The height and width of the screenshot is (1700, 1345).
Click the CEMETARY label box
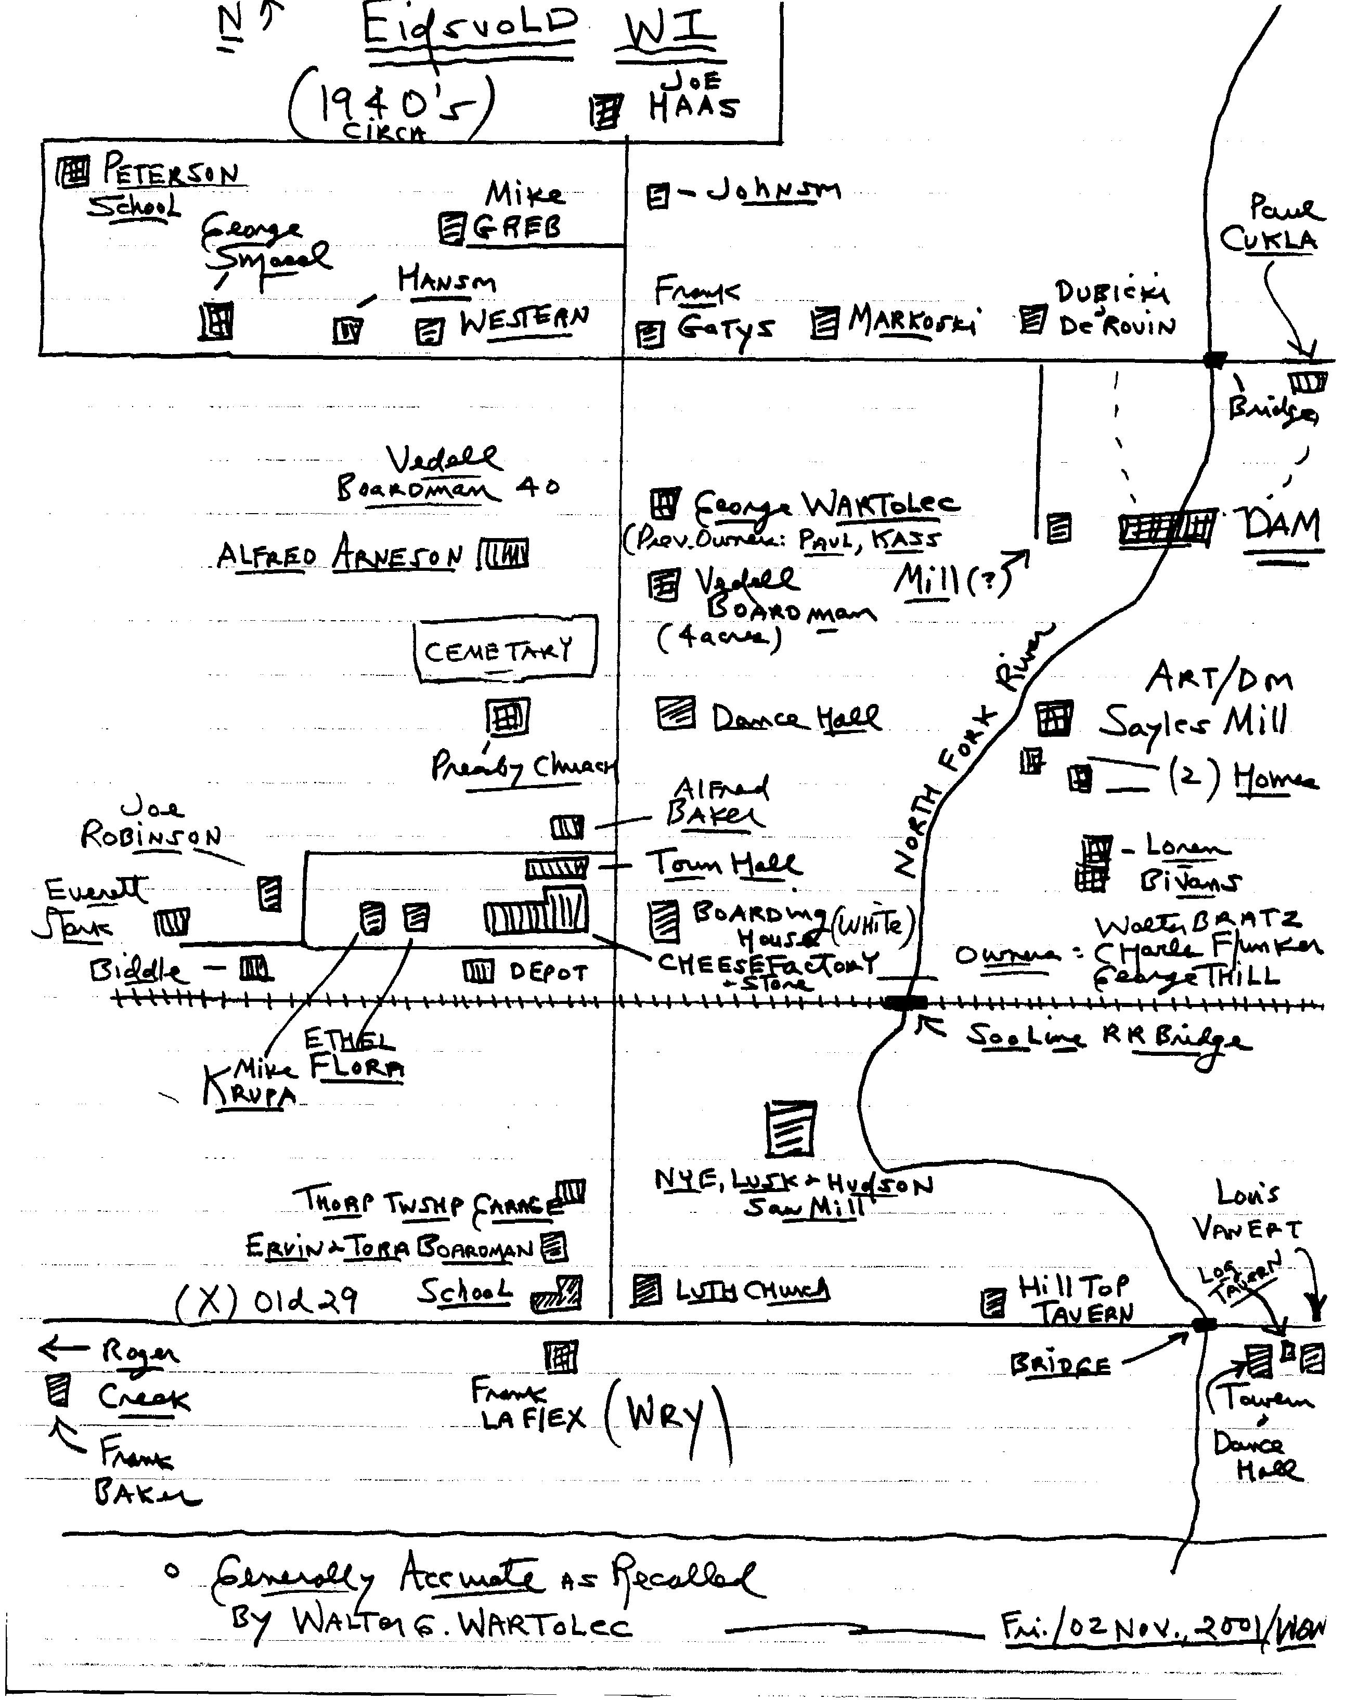tap(505, 648)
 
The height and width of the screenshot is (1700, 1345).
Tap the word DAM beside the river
tap(1281, 526)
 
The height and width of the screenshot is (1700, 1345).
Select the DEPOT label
tap(548, 973)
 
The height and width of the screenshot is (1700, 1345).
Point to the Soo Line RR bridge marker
tap(905, 1003)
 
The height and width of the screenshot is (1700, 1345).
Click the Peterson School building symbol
tap(73, 171)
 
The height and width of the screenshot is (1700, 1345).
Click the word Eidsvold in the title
tap(470, 29)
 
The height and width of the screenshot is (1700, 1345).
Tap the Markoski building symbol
tap(824, 322)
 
